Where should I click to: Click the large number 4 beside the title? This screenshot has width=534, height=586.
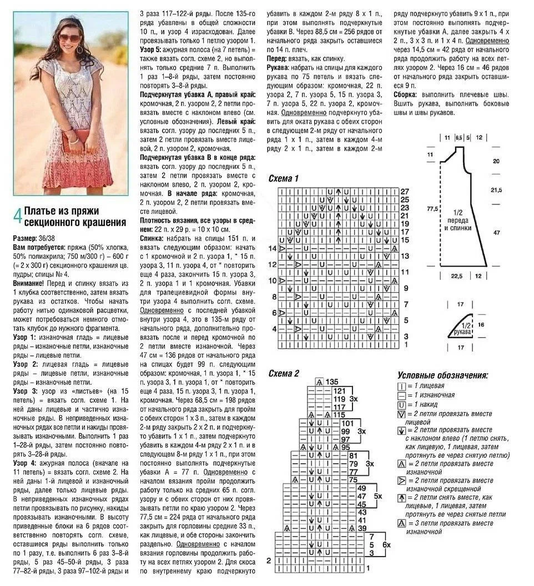coord(17,216)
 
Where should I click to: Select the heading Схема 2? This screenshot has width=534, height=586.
coord(283,373)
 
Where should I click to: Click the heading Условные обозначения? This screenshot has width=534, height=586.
coord(443,375)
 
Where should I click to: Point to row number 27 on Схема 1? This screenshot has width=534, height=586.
coord(404,191)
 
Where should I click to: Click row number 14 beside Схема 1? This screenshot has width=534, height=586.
coord(273,248)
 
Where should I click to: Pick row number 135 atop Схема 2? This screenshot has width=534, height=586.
coord(332,382)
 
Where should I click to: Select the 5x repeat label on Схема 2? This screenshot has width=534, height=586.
coord(378,495)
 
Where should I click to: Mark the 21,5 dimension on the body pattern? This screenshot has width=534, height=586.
coord(496,190)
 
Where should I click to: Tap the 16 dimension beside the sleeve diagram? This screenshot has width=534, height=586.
coord(481,324)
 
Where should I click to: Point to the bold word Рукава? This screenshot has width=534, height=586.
coord(280,68)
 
